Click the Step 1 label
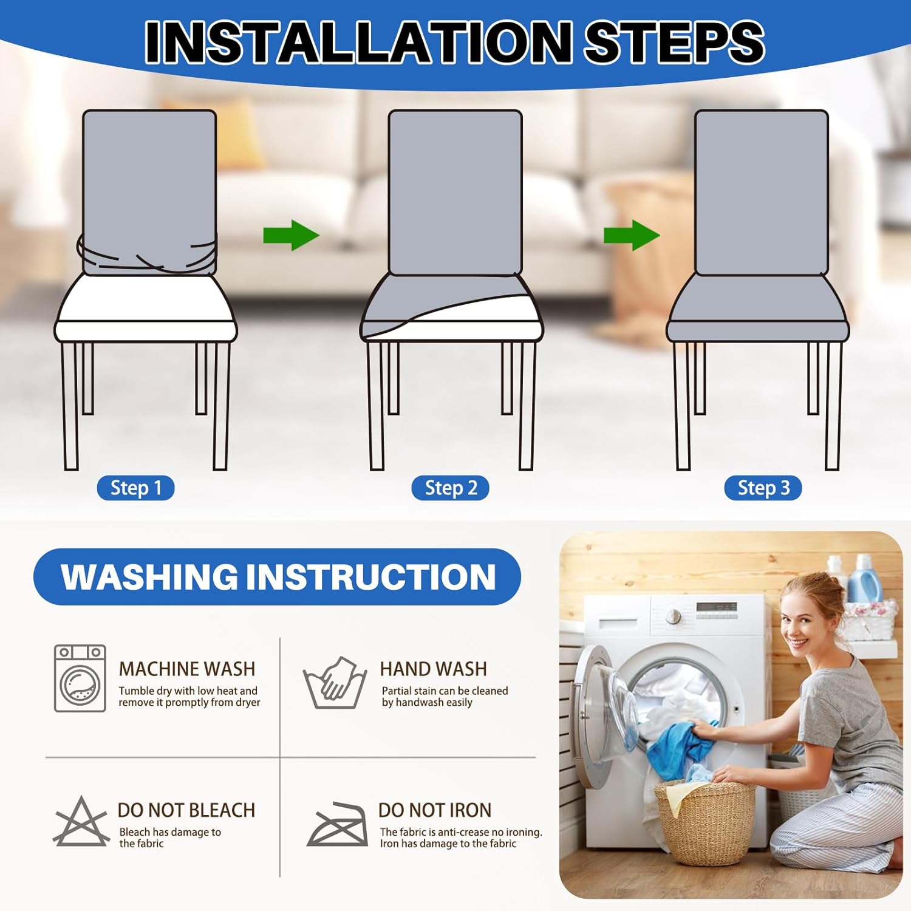click(135, 488)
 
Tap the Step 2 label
click(450, 488)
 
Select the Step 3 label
click(763, 488)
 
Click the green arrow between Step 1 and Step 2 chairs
click(291, 235)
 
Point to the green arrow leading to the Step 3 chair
click(632, 235)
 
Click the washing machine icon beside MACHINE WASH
click(80, 678)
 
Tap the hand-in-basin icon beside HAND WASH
click(335, 683)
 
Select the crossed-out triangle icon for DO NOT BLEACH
click(81, 821)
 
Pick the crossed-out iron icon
click(338, 824)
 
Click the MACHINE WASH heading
click(187, 669)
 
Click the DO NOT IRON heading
click(435, 810)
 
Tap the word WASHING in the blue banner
click(149, 576)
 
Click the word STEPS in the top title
click(674, 41)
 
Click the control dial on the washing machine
click(673, 616)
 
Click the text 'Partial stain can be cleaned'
click(445, 691)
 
